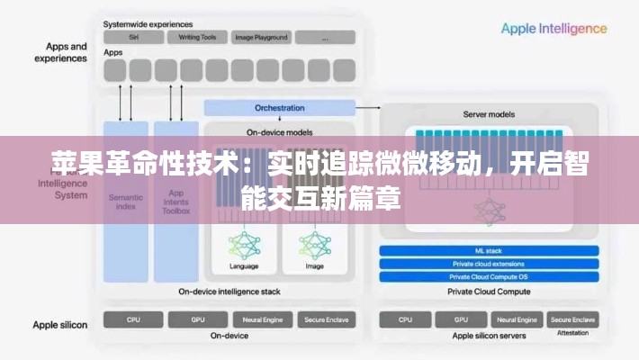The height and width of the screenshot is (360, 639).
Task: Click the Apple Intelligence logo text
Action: point(553,29)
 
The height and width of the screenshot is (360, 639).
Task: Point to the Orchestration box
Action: point(279,108)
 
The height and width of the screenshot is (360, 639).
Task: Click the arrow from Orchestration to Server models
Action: point(367,108)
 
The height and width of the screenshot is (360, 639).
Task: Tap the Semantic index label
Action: point(125,201)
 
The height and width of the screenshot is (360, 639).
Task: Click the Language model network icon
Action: point(244,245)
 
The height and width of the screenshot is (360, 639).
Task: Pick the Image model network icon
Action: point(314,245)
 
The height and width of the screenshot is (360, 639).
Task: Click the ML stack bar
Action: point(490,250)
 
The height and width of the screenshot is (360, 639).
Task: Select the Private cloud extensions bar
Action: point(490,264)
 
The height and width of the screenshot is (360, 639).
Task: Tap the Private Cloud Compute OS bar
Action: point(490,276)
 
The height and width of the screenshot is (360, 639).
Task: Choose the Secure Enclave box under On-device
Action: point(329,319)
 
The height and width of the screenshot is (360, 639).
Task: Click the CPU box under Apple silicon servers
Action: point(406,319)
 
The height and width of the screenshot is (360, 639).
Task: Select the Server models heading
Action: point(489,115)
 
